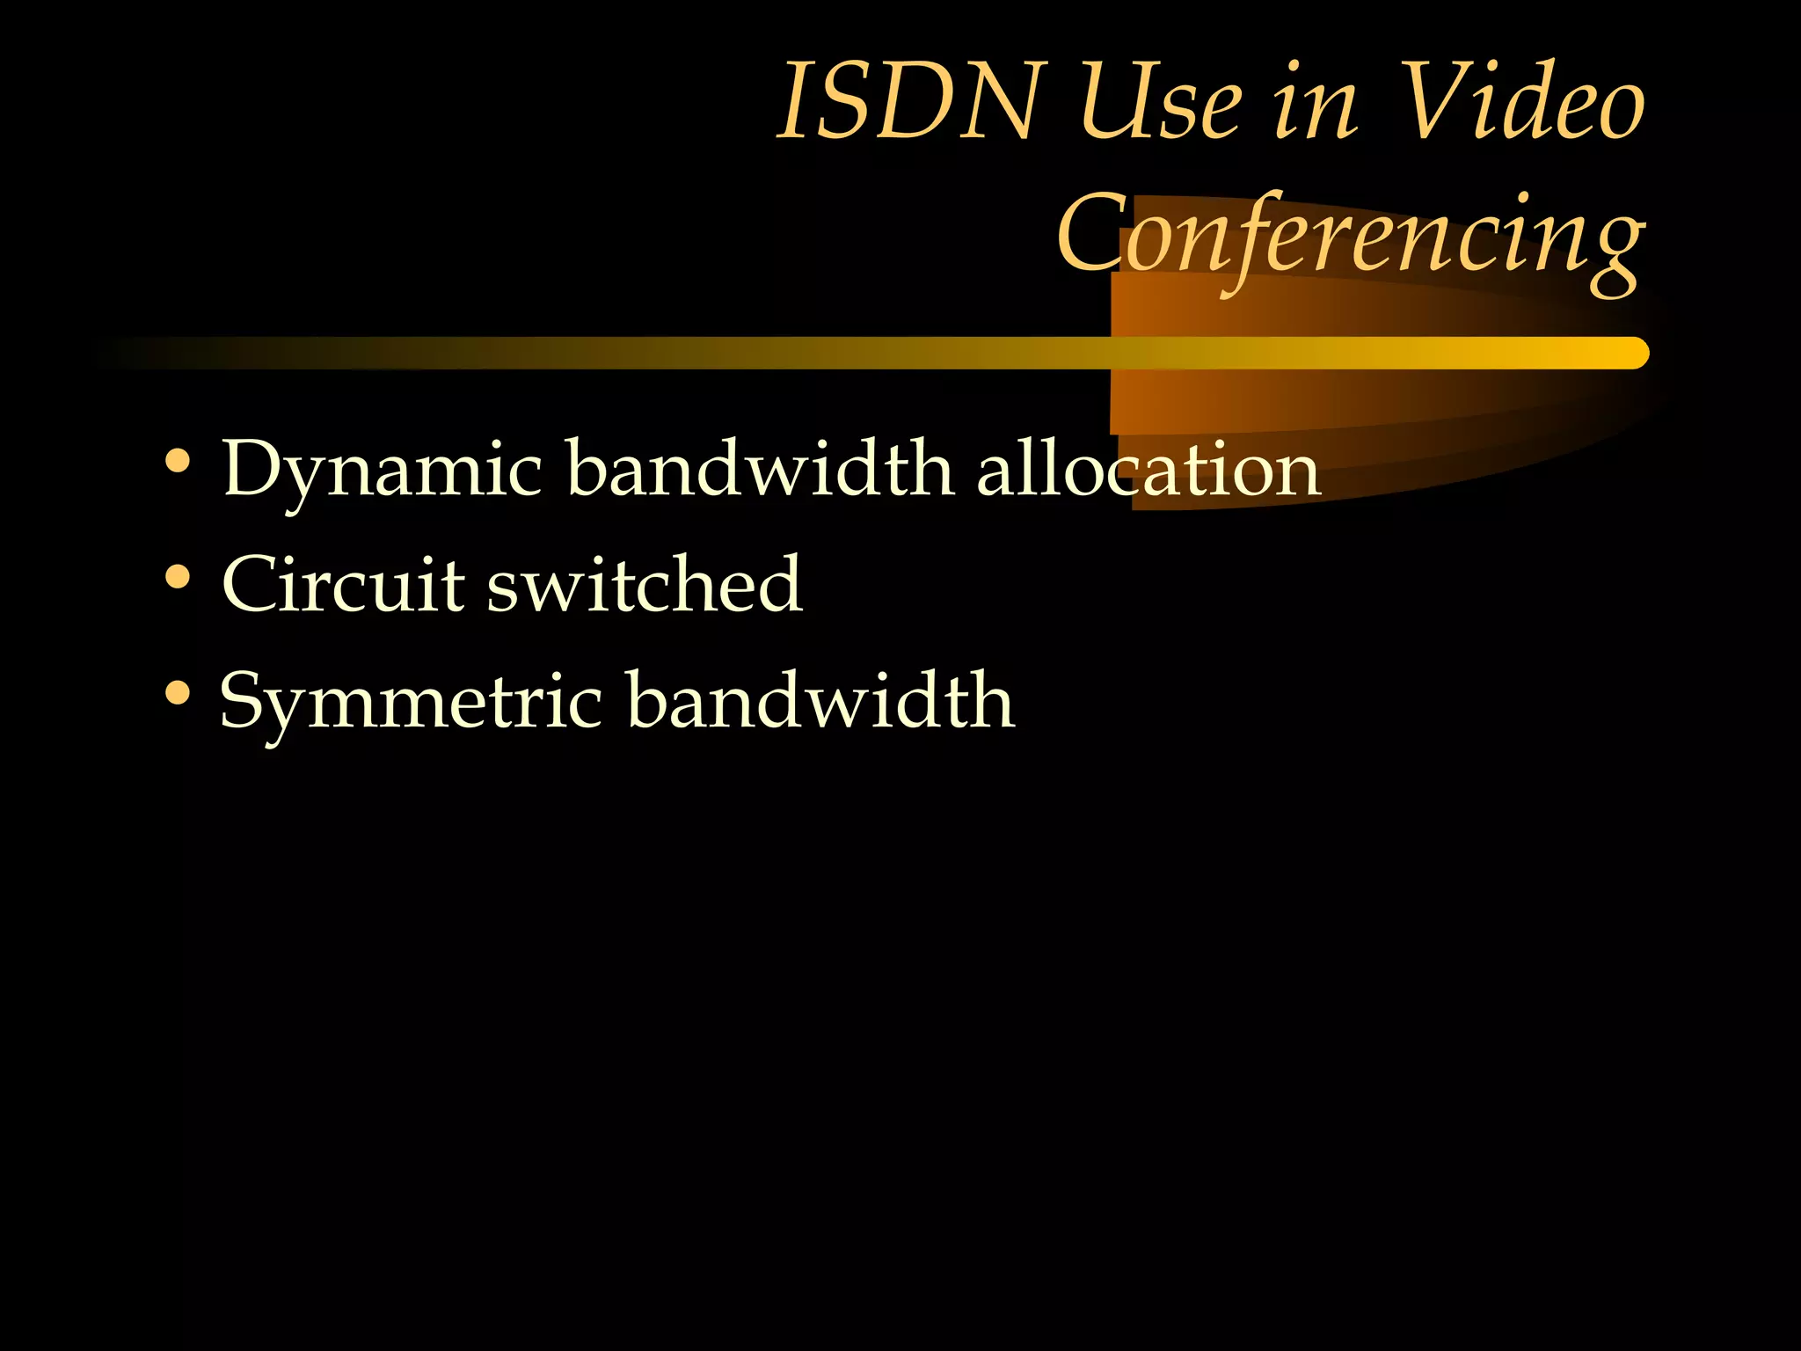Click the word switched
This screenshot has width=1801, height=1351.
tap(645, 585)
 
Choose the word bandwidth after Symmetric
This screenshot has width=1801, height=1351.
tap(821, 701)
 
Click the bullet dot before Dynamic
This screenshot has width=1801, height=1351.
tap(178, 461)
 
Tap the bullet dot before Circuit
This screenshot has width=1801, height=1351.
tap(178, 577)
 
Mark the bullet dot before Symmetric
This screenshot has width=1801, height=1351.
tap(178, 694)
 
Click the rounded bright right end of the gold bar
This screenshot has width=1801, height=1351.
tap(1634, 353)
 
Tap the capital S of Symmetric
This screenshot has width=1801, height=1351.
tap(244, 701)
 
